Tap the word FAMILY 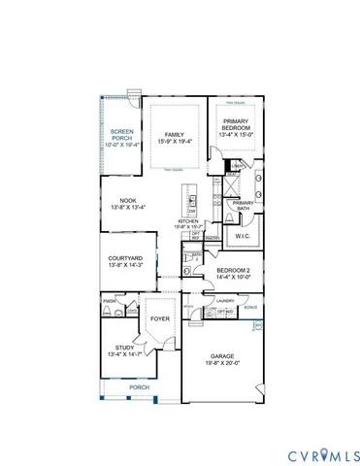click(175, 134)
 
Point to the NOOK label click(127, 200)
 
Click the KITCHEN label click(187, 221)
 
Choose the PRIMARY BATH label click(243, 205)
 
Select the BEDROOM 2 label click(234, 270)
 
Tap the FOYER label click(160, 316)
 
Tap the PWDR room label click(109, 302)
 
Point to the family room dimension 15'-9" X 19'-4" click(175, 142)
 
